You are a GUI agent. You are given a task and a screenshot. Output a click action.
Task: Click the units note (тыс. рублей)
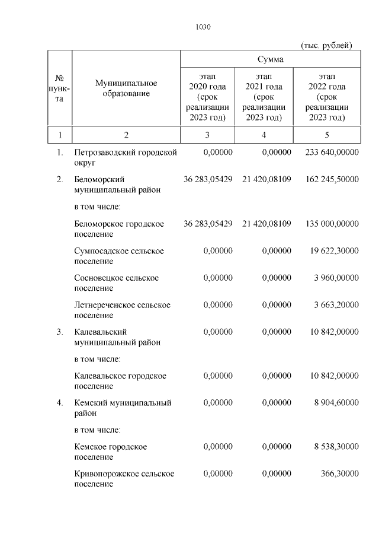(326, 45)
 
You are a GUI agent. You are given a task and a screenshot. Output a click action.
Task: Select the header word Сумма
(270, 59)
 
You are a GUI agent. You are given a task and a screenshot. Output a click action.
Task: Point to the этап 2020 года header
(207, 97)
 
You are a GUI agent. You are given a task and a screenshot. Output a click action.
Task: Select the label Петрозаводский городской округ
(126, 157)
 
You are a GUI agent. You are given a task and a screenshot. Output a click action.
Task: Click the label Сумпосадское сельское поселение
(119, 256)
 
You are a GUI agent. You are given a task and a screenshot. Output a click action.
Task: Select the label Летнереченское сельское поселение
(122, 310)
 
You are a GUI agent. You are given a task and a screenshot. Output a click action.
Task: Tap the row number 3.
(60, 332)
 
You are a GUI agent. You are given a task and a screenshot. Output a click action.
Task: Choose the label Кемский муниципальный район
(123, 408)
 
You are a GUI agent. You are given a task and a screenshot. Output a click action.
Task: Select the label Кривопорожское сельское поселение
(124, 479)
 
